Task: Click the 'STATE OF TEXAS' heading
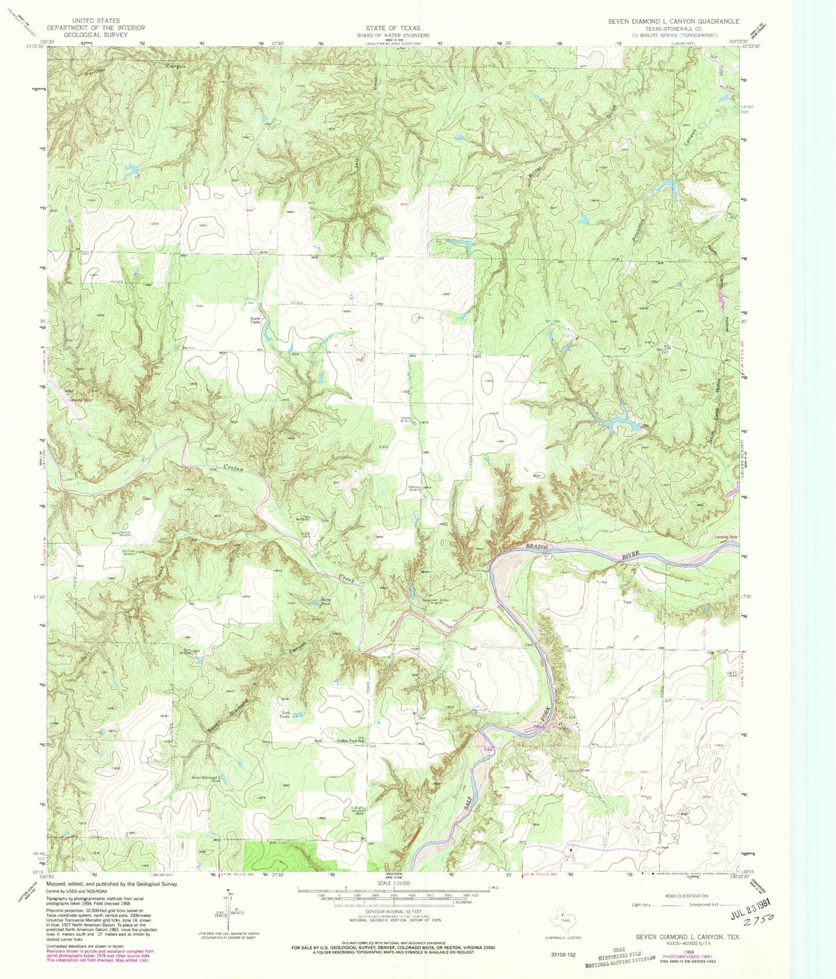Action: click(x=393, y=28)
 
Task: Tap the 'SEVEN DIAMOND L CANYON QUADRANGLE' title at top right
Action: click(x=673, y=21)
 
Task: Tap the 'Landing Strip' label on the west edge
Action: click(x=80, y=399)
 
